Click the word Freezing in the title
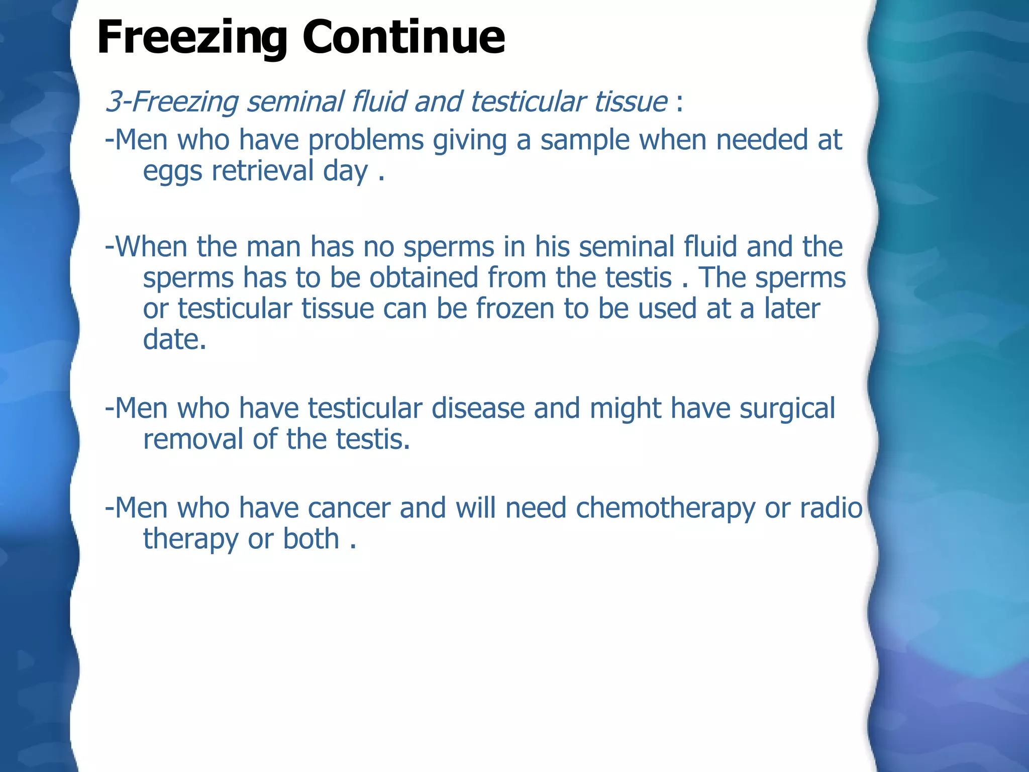point(191,38)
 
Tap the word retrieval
point(262,171)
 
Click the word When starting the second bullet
point(151,247)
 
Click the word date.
point(174,340)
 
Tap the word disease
point(478,408)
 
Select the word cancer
point(349,508)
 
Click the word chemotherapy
point(665,509)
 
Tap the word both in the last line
point(312,539)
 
